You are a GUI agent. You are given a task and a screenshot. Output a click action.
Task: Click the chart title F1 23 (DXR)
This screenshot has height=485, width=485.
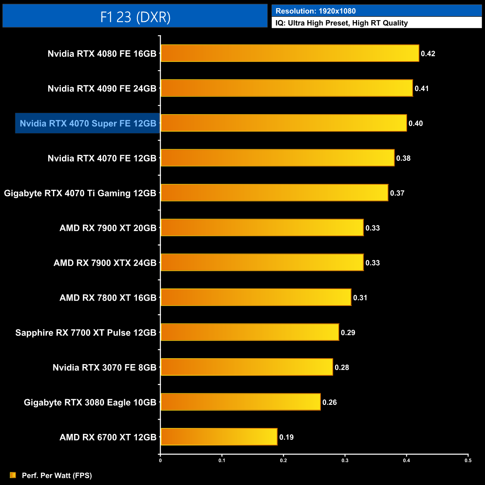(x=135, y=17)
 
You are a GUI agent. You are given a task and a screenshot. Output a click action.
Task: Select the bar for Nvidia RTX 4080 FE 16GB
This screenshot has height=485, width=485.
(x=290, y=53)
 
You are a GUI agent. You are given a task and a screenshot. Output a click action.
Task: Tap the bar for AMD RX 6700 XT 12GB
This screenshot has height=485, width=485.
(x=219, y=437)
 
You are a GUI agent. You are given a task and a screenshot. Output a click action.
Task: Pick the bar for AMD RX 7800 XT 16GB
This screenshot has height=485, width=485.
(x=256, y=297)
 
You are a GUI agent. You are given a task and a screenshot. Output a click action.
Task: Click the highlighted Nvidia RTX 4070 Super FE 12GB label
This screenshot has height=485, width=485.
(x=88, y=123)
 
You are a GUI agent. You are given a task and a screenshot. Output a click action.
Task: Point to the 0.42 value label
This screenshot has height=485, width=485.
(x=428, y=54)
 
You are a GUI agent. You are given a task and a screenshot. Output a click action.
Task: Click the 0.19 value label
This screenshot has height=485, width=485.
(x=287, y=437)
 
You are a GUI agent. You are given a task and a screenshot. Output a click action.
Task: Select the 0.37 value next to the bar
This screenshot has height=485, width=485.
(x=397, y=193)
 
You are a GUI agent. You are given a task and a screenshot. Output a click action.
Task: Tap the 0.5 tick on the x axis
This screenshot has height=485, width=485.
(x=468, y=460)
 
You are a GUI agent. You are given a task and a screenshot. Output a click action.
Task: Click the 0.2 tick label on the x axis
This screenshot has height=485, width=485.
(x=284, y=460)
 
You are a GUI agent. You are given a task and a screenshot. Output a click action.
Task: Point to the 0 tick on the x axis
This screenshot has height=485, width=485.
(x=160, y=460)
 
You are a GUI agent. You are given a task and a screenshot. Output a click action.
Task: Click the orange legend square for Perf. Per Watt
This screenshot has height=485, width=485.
(x=13, y=475)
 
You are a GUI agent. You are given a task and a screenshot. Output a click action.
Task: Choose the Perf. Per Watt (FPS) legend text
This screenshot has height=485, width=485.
(x=57, y=475)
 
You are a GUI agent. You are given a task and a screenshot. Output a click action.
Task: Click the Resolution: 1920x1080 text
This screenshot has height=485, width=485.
(x=316, y=11)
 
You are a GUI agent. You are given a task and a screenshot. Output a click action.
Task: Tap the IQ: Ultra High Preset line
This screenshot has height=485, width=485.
(x=341, y=23)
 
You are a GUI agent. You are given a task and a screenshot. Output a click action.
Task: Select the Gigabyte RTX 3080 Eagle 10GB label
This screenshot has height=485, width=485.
(x=90, y=403)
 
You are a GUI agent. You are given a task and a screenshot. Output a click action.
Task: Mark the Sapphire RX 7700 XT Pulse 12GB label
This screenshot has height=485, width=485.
(x=86, y=333)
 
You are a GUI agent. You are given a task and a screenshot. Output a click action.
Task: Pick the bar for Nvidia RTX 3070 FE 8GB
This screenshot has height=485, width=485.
(x=247, y=367)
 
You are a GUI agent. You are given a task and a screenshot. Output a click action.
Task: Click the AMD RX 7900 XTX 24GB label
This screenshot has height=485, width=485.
(x=105, y=263)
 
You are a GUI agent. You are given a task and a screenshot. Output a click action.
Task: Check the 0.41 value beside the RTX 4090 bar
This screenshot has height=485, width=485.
(x=422, y=89)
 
